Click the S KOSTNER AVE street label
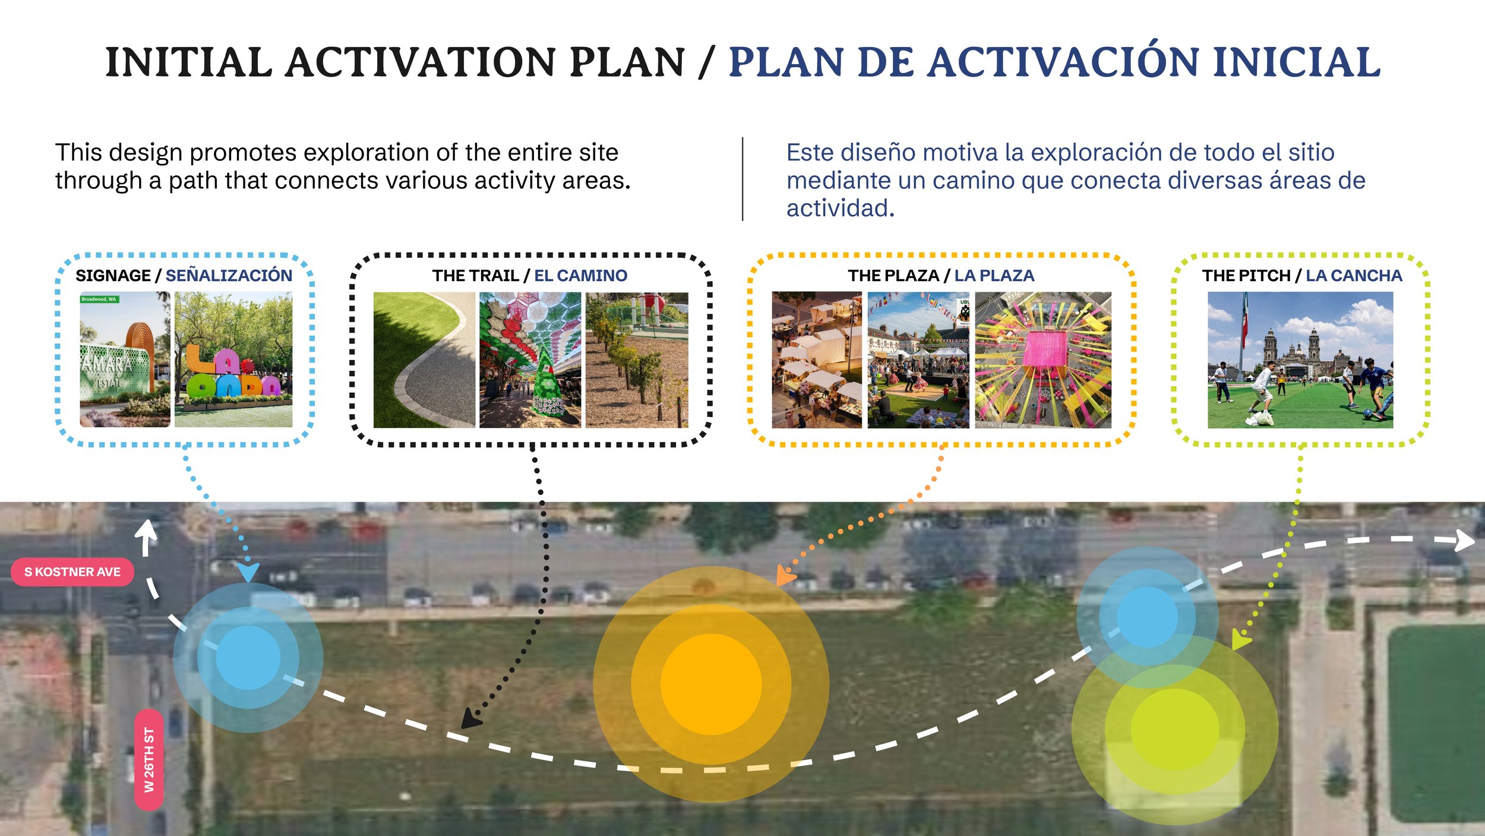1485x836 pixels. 72,572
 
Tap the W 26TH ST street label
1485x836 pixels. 149,760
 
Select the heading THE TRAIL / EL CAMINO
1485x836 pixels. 530,276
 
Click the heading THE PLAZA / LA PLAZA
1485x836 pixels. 941,276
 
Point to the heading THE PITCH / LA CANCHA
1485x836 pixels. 1302,276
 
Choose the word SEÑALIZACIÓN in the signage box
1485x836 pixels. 229,275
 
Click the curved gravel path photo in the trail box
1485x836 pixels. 424,359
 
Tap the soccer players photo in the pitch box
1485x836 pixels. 1300,359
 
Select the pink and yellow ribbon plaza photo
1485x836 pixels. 1043,359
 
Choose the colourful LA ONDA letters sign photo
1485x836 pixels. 233,359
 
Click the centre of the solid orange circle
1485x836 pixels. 711,684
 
